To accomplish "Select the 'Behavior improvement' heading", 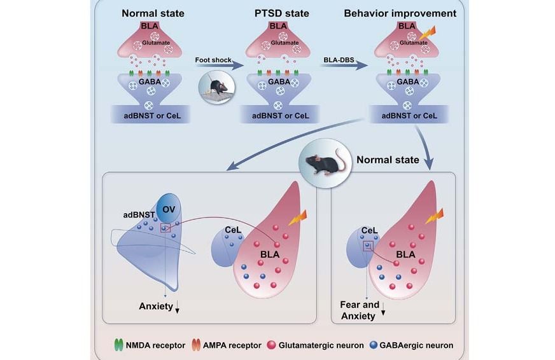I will (x=408, y=12).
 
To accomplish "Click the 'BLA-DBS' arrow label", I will (x=337, y=59).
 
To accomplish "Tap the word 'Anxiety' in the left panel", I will (x=156, y=307).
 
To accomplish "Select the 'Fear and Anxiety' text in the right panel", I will (x=360, y=310).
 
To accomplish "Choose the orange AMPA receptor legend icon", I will (x=197, y=345).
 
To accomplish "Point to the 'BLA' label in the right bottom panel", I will (x=405, y=254).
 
